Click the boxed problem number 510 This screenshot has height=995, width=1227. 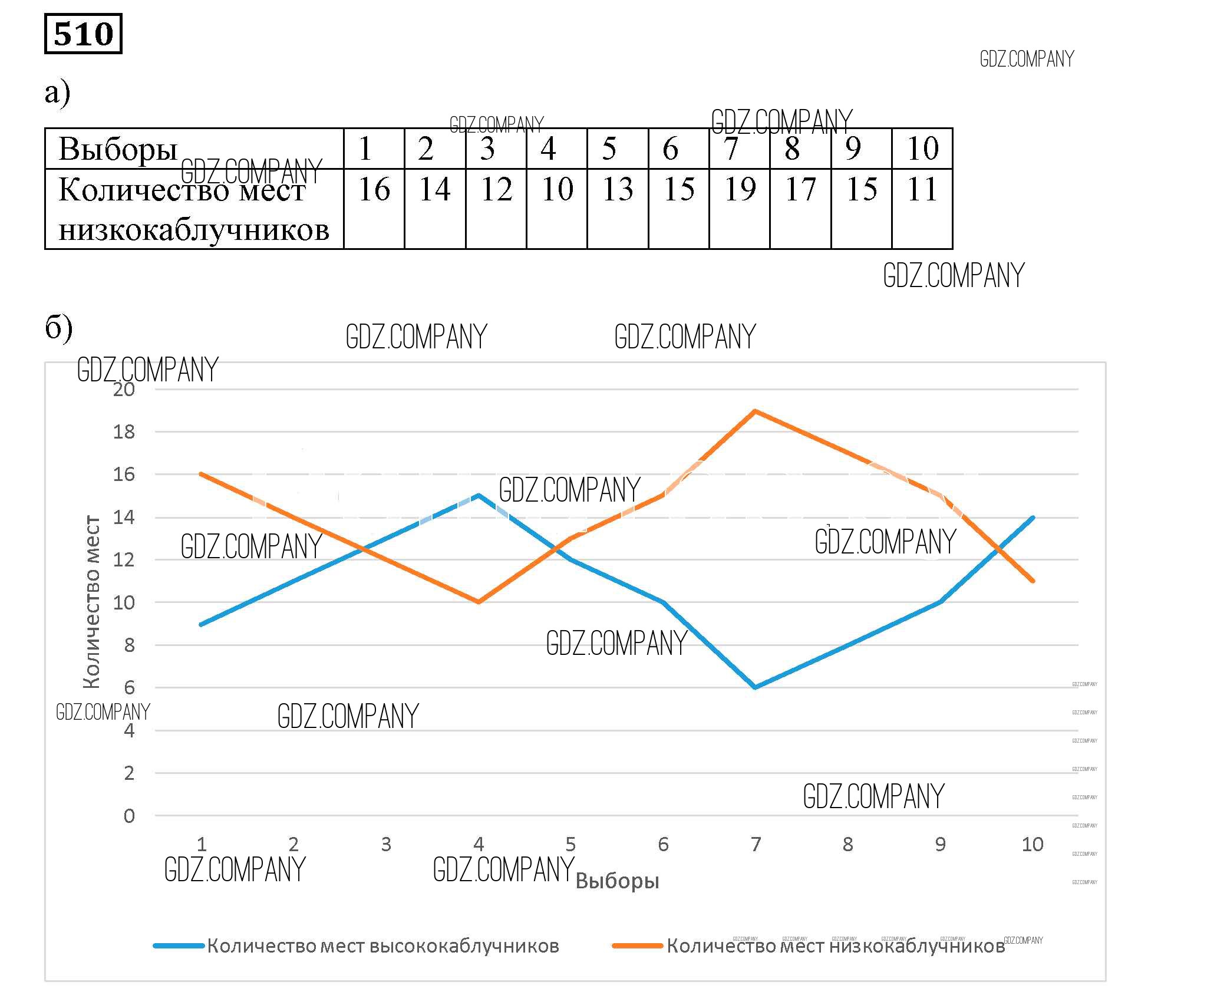click(83, 34)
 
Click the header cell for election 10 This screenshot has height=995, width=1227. click(922, 149)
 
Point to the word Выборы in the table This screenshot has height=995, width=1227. click(118, 149)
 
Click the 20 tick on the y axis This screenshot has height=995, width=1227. click(124, 390)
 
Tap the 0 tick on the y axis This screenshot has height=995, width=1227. click(129, 816)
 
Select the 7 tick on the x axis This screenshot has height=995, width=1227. click(756, 845)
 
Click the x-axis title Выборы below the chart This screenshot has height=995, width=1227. click(617, 881)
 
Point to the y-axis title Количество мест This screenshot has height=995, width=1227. click(91, 601)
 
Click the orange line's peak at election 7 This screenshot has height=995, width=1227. click(755, 411)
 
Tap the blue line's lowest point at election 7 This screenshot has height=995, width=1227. click(755, 687)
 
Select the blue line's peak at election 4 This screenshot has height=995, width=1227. click(478, 495)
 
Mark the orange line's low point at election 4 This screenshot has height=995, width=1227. click(478, 602)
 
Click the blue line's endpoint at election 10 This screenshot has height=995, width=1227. click(1033, 517)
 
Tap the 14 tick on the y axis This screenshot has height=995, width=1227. click(124, 518)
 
